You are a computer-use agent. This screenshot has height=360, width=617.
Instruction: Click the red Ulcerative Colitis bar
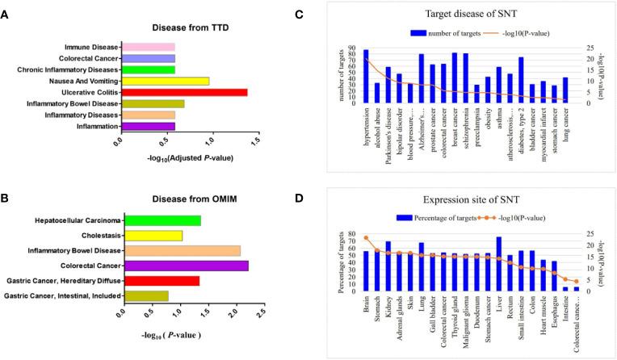click(x=184, y=92)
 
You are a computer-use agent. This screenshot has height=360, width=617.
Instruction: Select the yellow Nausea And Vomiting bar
click(x=165, y=81)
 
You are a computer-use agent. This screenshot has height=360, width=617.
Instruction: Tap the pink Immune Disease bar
click(x=148, y=47)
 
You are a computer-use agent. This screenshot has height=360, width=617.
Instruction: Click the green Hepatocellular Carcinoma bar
click(x=162, y=220)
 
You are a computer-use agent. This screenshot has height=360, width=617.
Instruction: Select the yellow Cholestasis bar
click(x=153, y=236)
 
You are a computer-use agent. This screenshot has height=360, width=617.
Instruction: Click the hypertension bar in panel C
click(x=366, y=76)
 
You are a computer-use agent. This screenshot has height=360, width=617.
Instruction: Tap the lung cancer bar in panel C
click(x=565, y=90)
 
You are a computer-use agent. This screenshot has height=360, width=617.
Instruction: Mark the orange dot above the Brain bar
click(x=366, y=238)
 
